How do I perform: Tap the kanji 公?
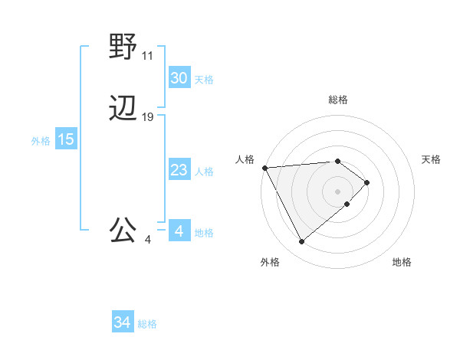(x=123, y=230)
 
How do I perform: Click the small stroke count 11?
(x=148, y=56)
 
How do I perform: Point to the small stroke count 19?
(x=148, y=117)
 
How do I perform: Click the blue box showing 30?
(x=179, y=78)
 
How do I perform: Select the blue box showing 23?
(x=179, y=170)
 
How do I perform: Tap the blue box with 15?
(x=66, y=139)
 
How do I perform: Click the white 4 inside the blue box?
(x=179, y=231)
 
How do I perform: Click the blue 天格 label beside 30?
(x=204, y=80)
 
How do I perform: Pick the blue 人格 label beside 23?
(x=204, y=172)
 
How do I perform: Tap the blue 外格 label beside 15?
(x=41, y=141)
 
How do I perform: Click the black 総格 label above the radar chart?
(x=338, y=100)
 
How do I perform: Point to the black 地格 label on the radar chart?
(x=402, y=263)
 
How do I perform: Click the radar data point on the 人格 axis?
(x=264, y=167)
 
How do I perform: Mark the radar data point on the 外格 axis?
(x=301, y=242)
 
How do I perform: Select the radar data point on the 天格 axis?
(x=367, y=182)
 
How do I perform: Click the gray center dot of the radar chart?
(x=337, y=191)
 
